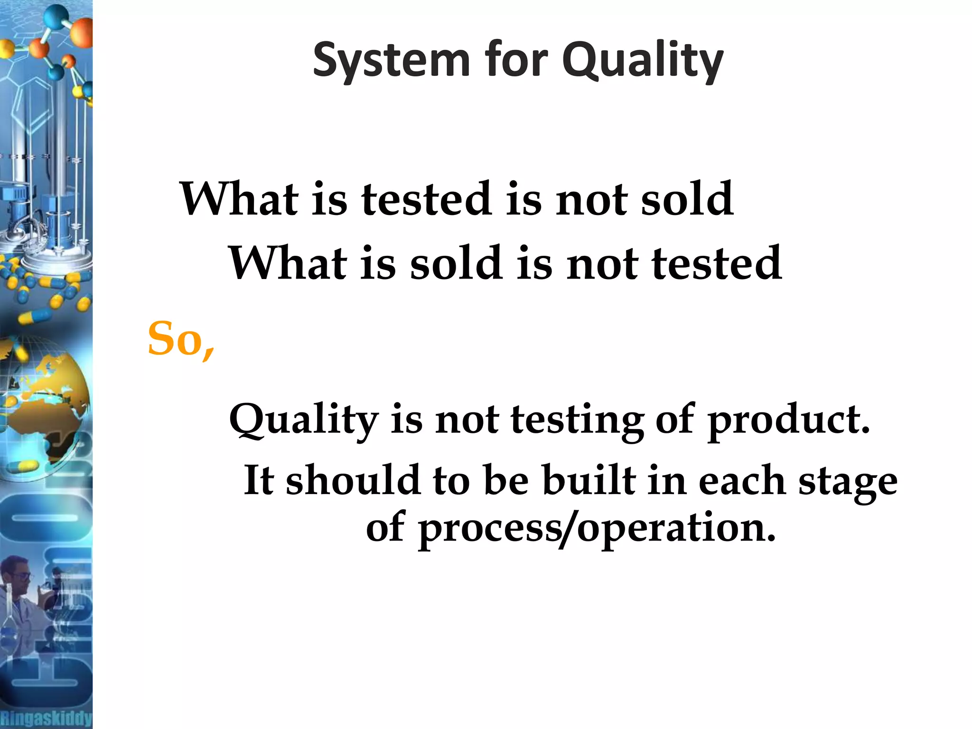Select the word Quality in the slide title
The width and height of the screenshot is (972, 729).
(643, 61)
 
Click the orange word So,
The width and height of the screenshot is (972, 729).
(181, 340)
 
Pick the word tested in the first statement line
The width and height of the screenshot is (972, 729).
(426, 199)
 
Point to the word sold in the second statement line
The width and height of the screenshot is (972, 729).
(456, 263)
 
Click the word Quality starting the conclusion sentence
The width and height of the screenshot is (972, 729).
(304, 420)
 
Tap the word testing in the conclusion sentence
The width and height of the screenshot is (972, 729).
(577, 420)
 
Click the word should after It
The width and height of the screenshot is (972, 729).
(353, 481)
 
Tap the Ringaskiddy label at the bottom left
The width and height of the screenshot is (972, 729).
(46, 718)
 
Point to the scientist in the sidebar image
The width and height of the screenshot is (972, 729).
(19, 598)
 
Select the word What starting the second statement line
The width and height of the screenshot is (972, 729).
(287, 263)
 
